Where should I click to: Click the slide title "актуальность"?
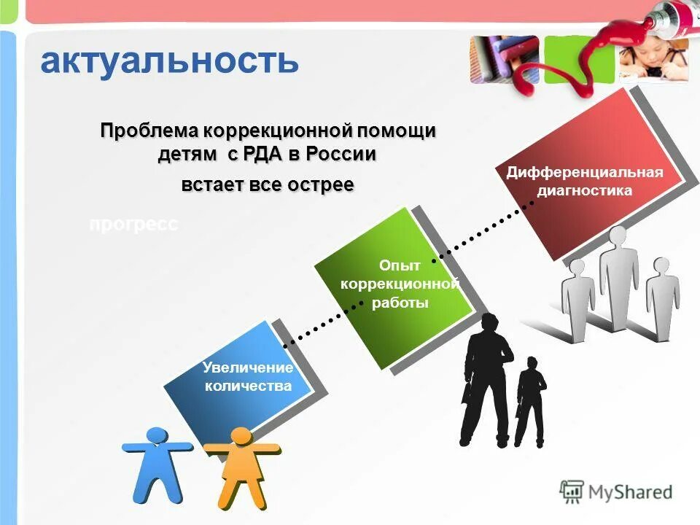[169, 61]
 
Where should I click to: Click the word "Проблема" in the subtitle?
[150, 131]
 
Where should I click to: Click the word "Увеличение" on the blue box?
[248, 367]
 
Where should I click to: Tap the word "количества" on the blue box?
[248, 386]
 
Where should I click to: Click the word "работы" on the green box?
[400, 303]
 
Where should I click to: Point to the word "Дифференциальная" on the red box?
[585, 172]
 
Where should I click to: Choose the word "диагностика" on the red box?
[585, 191]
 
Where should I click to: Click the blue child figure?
[157, 463]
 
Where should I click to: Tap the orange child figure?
[241, 467]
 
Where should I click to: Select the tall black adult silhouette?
[486, 379]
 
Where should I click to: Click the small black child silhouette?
[531, 405]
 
